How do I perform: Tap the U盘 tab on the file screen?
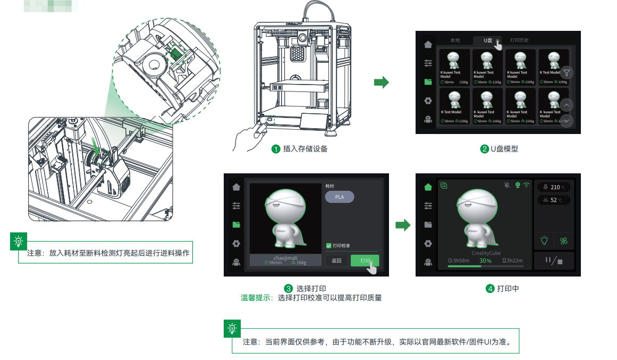(488, 40)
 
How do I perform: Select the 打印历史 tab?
(519, 40)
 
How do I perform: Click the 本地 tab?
(455, 40)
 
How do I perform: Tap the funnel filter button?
(567, 73)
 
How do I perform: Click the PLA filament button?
(339, 197)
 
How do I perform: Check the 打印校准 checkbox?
(328, 246)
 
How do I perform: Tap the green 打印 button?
(365, 261)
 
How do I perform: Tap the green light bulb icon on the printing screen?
(544, 240)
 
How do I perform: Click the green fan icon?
(564, 240)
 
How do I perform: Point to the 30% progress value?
(485, 261)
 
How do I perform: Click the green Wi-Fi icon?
(527, 185)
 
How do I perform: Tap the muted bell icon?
(506, 185)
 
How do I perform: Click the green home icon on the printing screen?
(428, 187)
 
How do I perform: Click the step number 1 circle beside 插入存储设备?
(276, 149)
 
